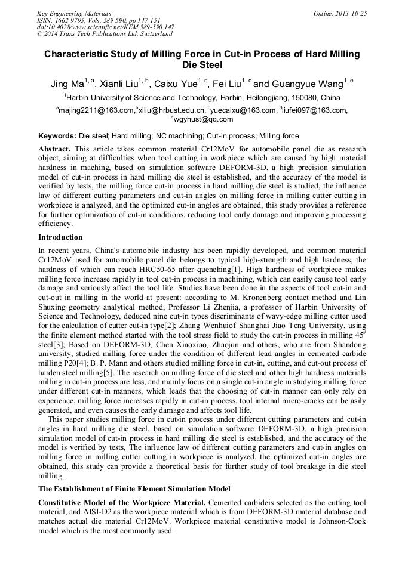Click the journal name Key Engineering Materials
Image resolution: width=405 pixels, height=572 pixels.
(74, 13)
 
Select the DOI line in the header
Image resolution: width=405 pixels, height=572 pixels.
(105, 27)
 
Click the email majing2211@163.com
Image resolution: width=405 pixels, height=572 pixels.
(96, 110)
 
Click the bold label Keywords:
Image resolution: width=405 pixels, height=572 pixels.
(57, 136)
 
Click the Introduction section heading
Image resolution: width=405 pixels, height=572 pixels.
(60, 237)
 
